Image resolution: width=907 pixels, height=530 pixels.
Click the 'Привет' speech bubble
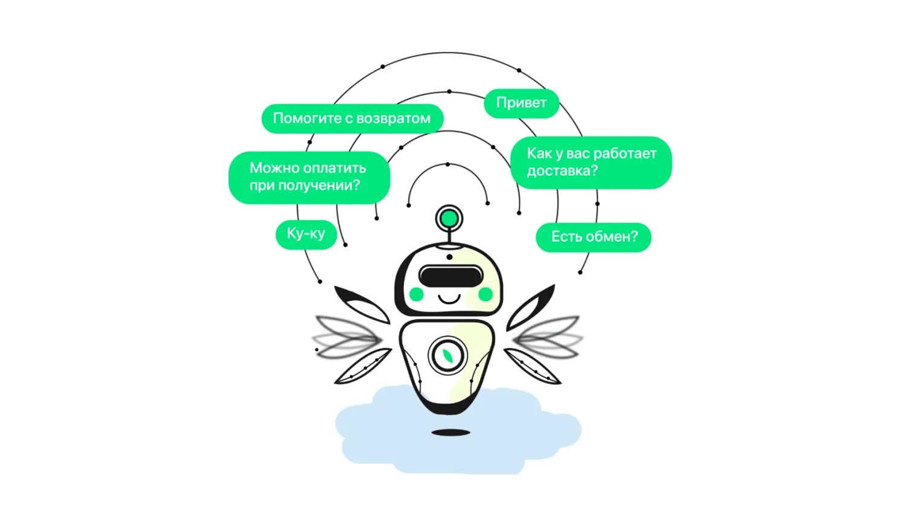click(x=521, y=103)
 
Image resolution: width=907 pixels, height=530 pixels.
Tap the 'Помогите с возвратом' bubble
click(x=352, y=118)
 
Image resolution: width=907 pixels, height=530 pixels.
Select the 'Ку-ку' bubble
click(x=306, y=234)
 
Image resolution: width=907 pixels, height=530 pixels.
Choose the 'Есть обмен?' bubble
click(x=594, y=237)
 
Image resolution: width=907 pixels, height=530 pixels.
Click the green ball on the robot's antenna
click(x=449, y=218)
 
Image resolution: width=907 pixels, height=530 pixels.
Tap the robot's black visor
click(x=450, y=277)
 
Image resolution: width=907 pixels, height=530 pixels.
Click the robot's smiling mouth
click(x=449, y=299)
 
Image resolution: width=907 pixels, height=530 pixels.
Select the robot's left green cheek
click(x=416, y=294)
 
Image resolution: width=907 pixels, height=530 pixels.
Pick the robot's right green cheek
click(x=486, y=294)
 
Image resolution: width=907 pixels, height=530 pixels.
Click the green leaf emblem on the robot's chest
click(x=448, y=355)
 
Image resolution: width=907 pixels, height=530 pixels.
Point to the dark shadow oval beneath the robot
click(x=450, y=433)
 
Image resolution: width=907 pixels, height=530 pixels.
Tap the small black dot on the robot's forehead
click(x=449, y=257)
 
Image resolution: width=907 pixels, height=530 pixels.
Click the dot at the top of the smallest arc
click(x=447, y=164)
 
